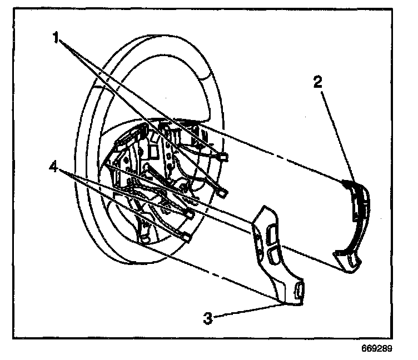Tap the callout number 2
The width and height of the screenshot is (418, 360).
(317, 83)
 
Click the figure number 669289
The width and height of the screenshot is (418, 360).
(378, 349)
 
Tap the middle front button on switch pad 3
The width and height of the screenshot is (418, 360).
(272, 254)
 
